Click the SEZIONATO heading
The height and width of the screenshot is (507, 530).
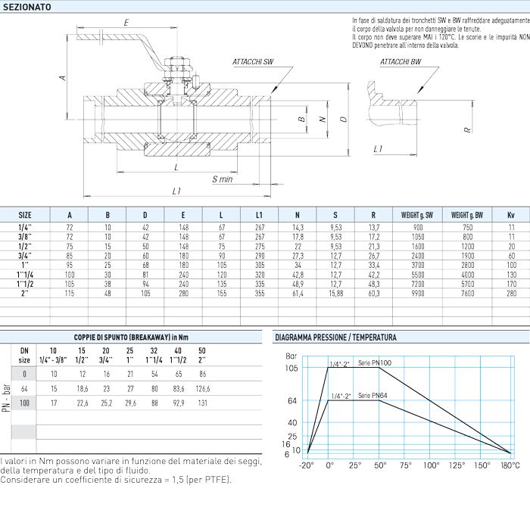click(x=27, y=7)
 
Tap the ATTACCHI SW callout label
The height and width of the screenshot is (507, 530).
click(x=252, y=62)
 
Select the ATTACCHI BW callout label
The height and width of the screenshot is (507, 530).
click(x=401, y=62)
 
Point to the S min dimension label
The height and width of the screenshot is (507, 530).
click(x=222, y=179)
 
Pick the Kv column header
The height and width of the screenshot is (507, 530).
click(x=511, y=215)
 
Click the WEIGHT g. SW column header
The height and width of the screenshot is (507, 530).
click(x=416, y=215)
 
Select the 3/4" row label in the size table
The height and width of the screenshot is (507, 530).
click(x=25, y=256)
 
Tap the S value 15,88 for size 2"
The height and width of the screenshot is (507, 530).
click(x=335, y=294)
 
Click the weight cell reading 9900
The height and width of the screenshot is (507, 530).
click(x=417, y=294)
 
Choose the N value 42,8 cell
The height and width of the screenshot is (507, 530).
click(x=298, y=275)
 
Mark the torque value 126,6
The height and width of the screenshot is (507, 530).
click(x=202, y=389)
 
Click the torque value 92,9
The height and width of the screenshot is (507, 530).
click(x=179, y=403)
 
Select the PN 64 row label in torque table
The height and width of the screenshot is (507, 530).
click(x=24, y=389)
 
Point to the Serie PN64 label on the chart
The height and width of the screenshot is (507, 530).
click(x=373, y=396)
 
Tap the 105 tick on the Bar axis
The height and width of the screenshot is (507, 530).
click(x=291, y=368)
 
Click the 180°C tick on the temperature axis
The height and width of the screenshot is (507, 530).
click(x=510, y=465)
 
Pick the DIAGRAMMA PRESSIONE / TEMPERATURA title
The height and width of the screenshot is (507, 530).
click(x=335, y=337)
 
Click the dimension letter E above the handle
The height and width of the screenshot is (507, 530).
click(x=126, y=23)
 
